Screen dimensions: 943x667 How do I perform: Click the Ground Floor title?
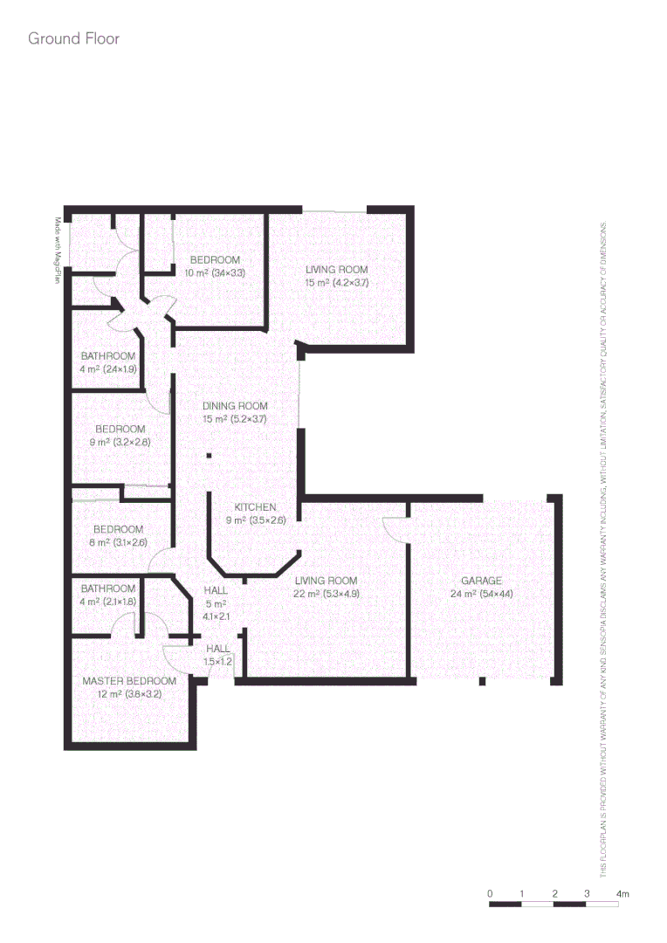[x=73, y=39]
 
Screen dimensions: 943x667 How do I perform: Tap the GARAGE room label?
[x=481, y=581]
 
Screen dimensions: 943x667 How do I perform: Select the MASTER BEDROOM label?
[x=129, y=681]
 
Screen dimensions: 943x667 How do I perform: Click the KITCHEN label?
[x=256, y=507]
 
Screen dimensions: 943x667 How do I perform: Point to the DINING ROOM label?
[x=235, y=406]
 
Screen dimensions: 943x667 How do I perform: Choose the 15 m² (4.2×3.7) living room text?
[x=337, y=283]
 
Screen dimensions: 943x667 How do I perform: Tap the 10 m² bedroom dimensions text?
[x=215, y=273]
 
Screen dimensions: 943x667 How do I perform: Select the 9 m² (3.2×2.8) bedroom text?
[x=121, y=442]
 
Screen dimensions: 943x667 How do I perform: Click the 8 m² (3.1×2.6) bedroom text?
[x=120, y=542]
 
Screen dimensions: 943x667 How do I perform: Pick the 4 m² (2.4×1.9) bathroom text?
[x=108, y=368]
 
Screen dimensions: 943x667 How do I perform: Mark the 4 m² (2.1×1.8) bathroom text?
[x=108, y=601]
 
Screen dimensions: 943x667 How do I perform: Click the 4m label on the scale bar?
[x=622, y=894]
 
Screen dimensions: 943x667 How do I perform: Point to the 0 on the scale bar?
[x=491, y=894]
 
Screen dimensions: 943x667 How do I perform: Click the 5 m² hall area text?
[x=216, y=603]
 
